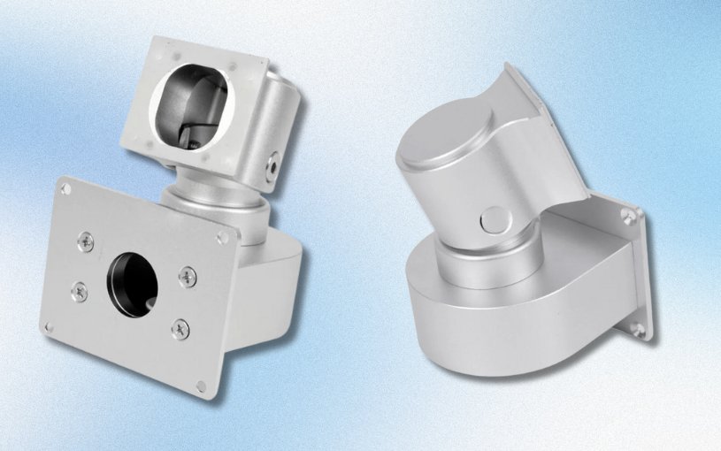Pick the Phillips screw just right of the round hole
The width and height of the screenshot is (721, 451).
pyautogui.click(x=188, y=277)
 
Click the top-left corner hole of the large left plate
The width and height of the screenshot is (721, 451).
pyautogui.click(x=66, y=187)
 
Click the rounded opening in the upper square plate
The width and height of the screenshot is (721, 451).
pyautogui.click(x=193, y=109)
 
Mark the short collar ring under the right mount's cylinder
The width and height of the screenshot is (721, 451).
pyautogui.click(x=482, y=261)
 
